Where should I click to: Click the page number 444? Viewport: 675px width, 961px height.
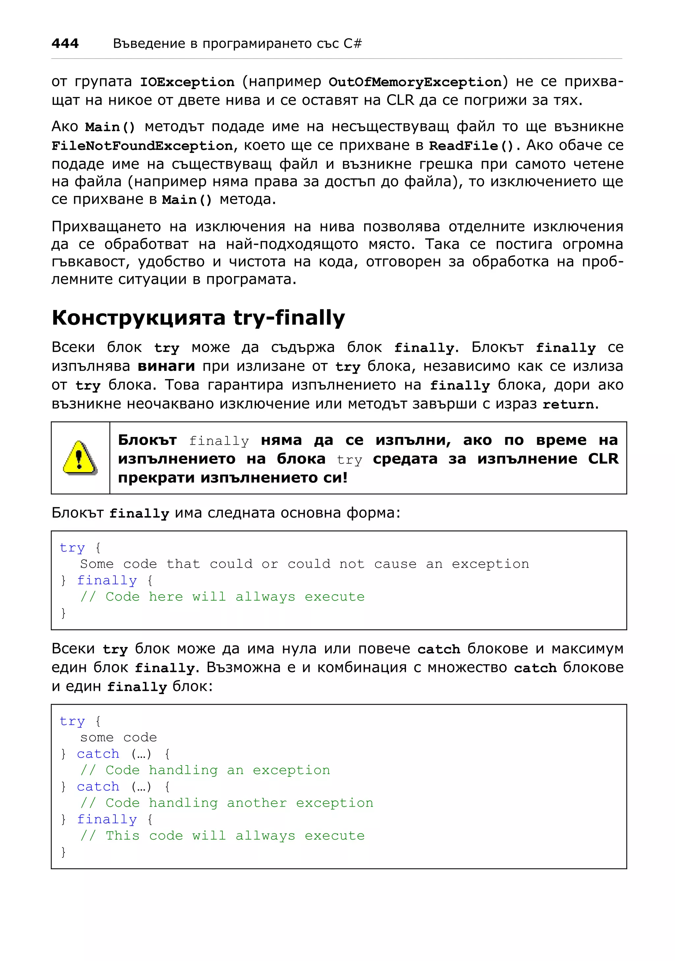pos(65,44)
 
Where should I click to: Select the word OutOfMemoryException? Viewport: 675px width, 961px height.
pos(415,82)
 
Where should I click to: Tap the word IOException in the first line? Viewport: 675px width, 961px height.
pos(187,82)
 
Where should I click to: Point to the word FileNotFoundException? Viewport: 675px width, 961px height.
pos(142,146)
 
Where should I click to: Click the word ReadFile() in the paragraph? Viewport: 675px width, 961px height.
pos(471,146)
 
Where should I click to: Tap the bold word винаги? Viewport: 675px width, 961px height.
pos(166,366)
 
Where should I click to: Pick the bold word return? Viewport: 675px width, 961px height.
pos(568,404)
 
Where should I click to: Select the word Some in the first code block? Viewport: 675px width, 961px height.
pos(97,564)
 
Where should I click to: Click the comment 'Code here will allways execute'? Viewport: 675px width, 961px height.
pos(235,597)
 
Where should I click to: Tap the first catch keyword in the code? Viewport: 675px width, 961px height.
pos(98,754)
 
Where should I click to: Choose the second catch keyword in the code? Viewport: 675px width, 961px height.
pos(98,787)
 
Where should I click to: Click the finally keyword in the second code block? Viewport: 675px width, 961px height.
pos(107,819)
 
